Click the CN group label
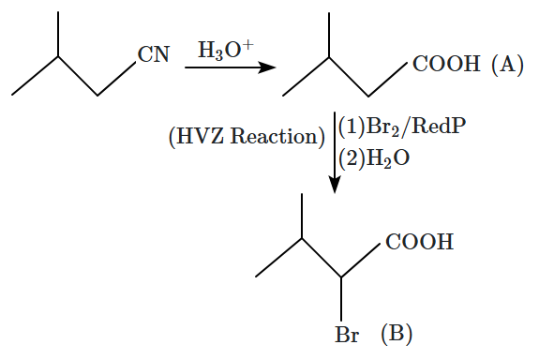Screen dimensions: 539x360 [x=154, y=54]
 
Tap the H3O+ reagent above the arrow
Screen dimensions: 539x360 [x=226, y=50]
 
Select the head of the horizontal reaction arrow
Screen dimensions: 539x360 [x=268, y=67]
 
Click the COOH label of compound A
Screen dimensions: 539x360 [x=446, y=64]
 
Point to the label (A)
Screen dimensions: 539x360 [x=508, y=64]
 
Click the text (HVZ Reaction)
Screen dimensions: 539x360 [x=247, y=137]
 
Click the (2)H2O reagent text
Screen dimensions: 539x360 [x=374, y=158]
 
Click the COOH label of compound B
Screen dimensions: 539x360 [x=419, y=241]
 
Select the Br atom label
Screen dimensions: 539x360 [x=347, y=334]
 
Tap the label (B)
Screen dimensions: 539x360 [x=397, y=333]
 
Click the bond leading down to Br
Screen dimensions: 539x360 [x=341, y=298]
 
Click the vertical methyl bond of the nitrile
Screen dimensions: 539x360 [x=58, y=34]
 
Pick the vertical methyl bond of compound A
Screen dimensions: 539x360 [x=329, y=35]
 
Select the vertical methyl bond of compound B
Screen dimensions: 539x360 [x=302, y=216]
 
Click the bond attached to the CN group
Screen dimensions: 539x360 [x=116, y=79]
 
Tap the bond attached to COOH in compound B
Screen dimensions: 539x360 [x=361, y=260]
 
